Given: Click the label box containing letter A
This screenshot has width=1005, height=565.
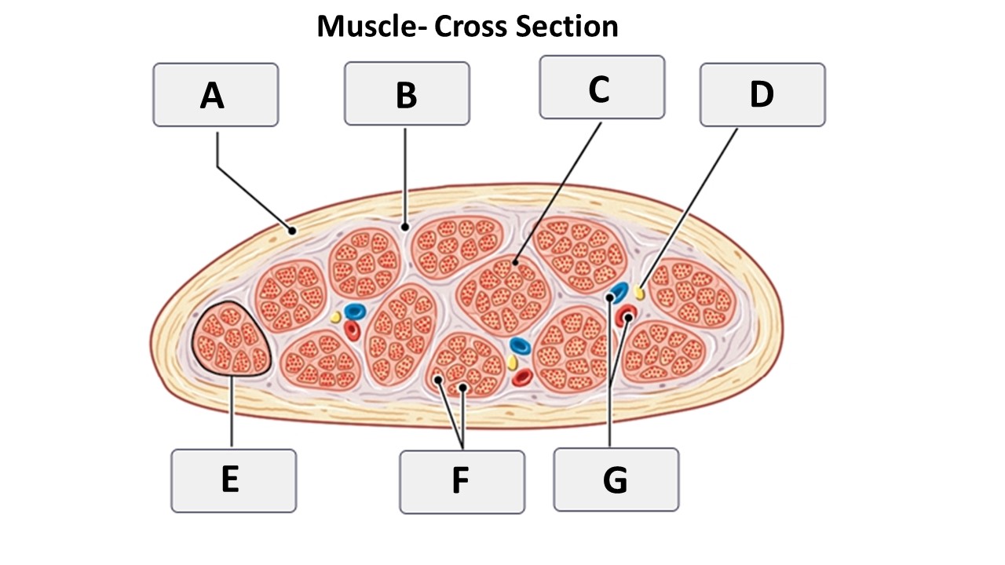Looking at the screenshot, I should tap(215, 95).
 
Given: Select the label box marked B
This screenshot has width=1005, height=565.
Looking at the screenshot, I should tap(407, 94).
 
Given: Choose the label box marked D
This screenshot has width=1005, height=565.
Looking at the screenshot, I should tap(762, 95).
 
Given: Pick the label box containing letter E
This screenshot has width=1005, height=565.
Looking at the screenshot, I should tap(233, 480).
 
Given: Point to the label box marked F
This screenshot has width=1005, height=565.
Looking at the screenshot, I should tap(462, 482).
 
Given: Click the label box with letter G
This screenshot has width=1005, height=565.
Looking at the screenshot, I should tap(616, 479).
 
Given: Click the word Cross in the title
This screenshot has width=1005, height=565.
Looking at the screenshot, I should tap(472, 27).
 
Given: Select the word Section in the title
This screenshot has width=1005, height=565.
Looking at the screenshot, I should tap(567, 27).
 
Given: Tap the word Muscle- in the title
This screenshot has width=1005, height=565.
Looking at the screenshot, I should tap(371, 27).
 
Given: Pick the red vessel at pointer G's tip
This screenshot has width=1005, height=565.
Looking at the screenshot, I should tap(627, 316).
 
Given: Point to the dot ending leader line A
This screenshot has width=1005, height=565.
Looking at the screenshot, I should tap(291, 231).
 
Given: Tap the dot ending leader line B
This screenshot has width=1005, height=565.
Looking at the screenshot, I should tap(405, 227).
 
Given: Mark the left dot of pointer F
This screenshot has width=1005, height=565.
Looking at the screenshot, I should tap(438, 380).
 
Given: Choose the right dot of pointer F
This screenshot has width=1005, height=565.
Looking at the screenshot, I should tap(464, 388).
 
